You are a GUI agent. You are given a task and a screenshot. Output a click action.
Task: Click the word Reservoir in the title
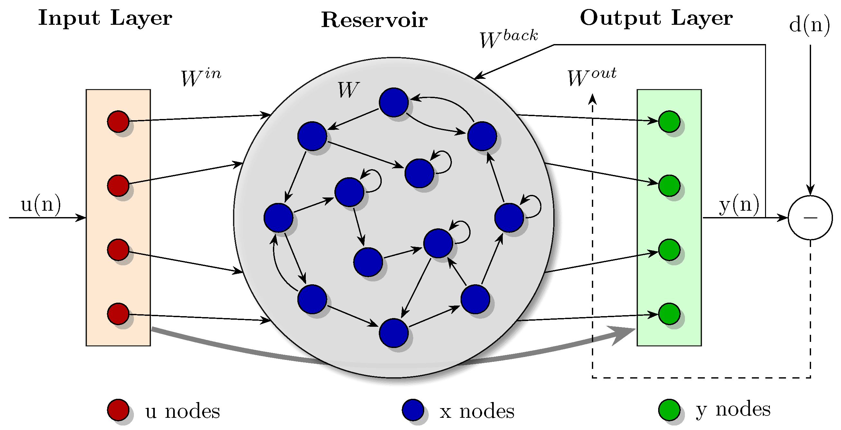[374, 20]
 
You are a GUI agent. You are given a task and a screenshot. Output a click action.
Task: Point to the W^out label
[591, 77]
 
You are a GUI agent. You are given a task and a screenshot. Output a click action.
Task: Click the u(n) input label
[41, 205]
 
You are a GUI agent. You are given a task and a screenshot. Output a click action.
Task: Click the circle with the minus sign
[810, 218]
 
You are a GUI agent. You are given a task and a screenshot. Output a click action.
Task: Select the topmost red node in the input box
[118, 121]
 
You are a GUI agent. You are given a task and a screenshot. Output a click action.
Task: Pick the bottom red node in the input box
[118, 314]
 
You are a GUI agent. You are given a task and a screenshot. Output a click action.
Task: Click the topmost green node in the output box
[669, 121]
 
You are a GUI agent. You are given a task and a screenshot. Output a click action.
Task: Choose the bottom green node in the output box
[669, 314]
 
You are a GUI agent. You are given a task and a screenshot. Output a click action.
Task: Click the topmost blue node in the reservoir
[394, 103]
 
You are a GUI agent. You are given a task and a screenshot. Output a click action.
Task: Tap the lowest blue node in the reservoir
[394, 333]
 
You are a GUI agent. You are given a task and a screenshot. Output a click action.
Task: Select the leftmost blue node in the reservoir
[278, 218]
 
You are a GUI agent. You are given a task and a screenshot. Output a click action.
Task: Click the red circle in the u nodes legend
[118, 410]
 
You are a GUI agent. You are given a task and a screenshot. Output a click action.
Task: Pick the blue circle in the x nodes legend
[413, 410]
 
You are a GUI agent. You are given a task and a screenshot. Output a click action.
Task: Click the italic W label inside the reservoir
[348, 90]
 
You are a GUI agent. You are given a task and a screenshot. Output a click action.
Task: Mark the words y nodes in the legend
[733, 410]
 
